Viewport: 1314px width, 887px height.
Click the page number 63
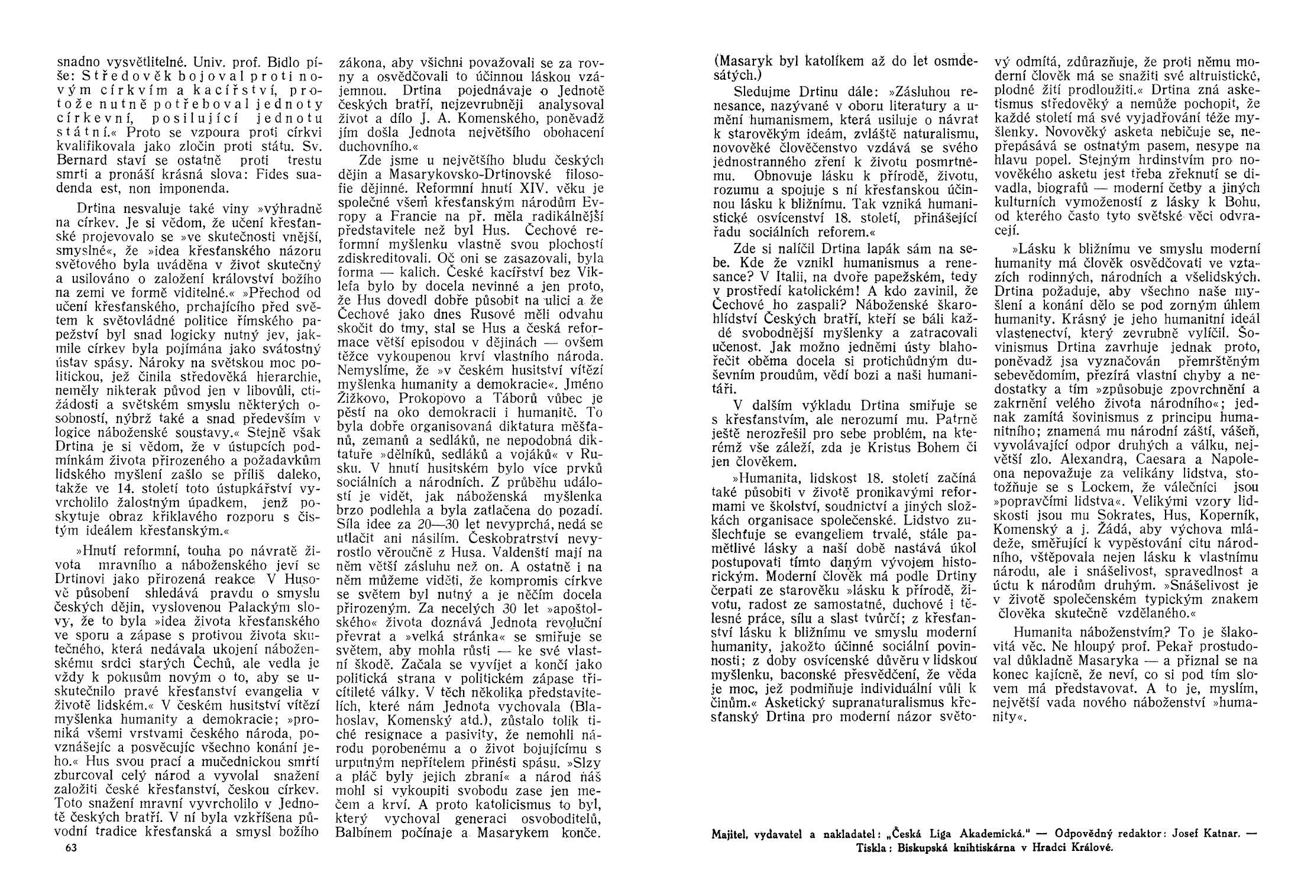[71, 847]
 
